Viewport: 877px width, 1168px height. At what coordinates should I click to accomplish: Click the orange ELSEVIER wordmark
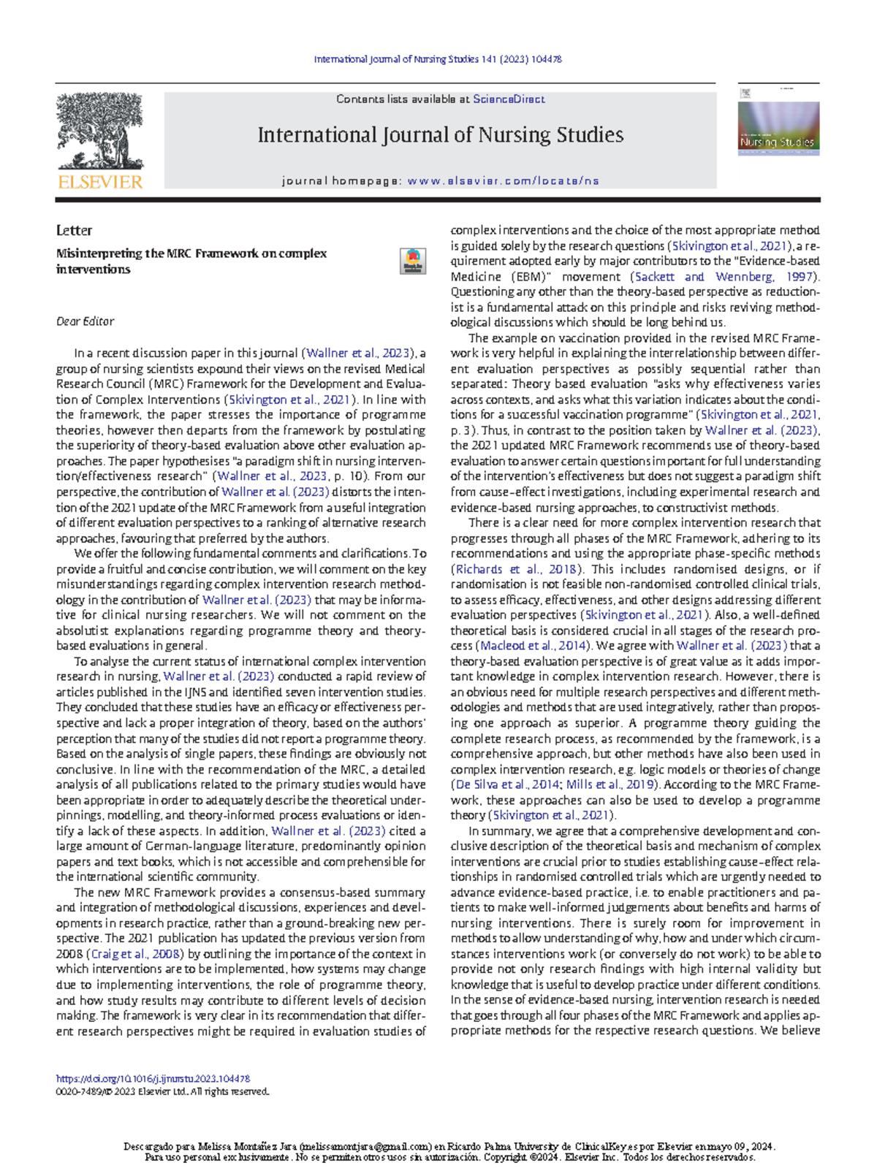(x=101, y=183)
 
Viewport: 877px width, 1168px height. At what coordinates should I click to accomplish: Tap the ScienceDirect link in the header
(x=509, y=99)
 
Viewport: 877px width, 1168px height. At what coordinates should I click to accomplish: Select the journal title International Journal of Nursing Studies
(x=440, y=135)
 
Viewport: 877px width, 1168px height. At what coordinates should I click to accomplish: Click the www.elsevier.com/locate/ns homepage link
(x=503, y=181)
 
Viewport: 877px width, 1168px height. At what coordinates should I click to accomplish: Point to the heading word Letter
(x=74, y=231)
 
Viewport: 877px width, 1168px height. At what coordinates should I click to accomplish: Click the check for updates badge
(x=413, y=262)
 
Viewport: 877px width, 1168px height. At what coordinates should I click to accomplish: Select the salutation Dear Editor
(x=85, y=321)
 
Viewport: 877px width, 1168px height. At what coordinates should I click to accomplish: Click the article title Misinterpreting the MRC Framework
(x=191, y=262)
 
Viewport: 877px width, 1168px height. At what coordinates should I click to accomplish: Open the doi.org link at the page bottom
(x=153, y=1078)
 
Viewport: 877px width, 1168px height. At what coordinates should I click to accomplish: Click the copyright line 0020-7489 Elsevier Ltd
(x=162, y=1091)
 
